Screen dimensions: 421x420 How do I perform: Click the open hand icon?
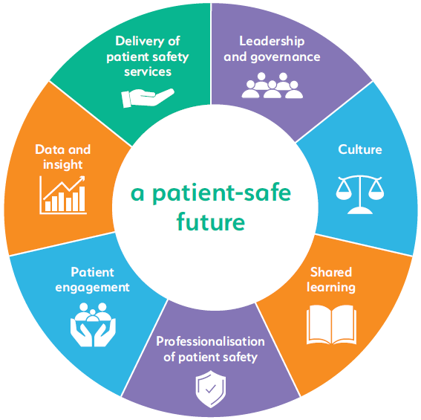pos(148,98)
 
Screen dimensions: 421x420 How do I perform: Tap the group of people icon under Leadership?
pos(272,85)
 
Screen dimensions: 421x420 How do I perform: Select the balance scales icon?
pos(360,195)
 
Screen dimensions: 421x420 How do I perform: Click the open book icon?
pos(331,325)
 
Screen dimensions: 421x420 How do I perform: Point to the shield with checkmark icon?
pos(211,389)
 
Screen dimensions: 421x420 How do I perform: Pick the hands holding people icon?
pos(93,325)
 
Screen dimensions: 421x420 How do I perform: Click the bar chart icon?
pos(63,196)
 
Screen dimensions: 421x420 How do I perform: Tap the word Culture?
pos(360,149)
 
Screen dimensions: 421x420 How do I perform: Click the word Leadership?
pos(272,42)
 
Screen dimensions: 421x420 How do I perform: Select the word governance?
pos(285,57)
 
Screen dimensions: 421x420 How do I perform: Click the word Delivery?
pos(138,41)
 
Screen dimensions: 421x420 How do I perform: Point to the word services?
pos(148,72)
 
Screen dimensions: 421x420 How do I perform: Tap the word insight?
pos(63,165)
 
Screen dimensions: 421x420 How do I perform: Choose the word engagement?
pos(92,288)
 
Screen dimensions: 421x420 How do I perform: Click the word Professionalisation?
pos(211,341)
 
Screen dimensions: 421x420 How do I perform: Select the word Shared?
pos(331,272)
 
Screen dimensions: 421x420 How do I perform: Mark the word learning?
pos(331,288)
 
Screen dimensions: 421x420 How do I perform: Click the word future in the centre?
pos(211,222)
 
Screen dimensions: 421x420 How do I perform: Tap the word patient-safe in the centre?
pos(222,193)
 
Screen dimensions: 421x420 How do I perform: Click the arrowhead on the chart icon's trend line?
pos(82,178)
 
